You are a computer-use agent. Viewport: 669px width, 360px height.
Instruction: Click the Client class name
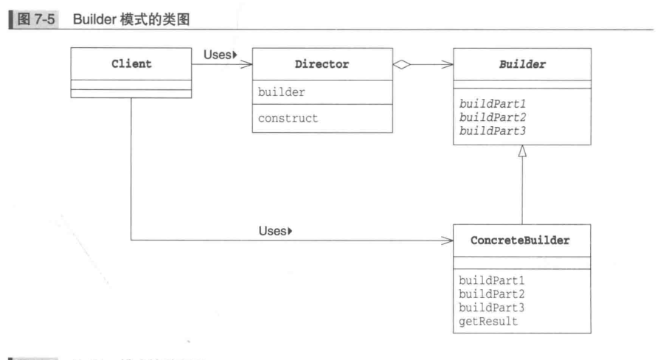click(131, 64)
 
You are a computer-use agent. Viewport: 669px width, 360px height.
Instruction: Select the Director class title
click(322, 64)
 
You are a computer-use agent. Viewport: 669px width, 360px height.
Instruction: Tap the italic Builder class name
click(522, 64)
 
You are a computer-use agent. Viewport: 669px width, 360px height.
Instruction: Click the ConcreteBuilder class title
click(520, 240)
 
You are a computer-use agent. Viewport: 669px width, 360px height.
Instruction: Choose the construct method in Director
click(288, 118)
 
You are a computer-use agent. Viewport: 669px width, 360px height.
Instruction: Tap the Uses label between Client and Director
click(218, 54)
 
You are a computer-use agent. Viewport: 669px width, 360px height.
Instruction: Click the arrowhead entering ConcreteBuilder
click(447, 240)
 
